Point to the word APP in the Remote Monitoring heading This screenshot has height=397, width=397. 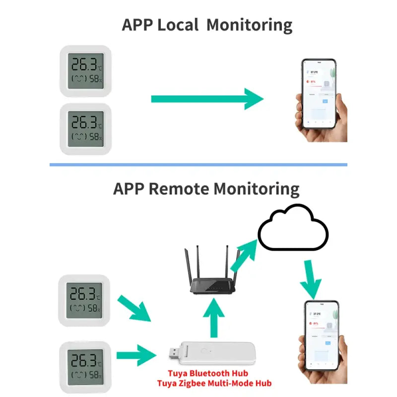pos(129,189)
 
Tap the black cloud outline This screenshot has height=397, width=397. pos(293,227)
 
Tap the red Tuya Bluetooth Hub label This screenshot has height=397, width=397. pos(207,373)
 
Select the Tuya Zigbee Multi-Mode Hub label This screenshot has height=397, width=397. pos(214,383)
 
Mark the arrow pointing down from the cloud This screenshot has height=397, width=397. pos(311,280)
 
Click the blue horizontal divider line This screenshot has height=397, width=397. pos(198,165)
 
